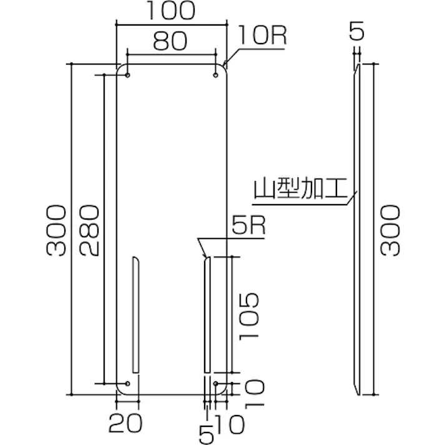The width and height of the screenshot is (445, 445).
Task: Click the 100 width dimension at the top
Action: (x=171, y=11)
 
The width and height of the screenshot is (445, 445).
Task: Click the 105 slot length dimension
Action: (x=247, y=315)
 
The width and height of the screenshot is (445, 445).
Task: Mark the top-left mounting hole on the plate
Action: (x=128, y=76)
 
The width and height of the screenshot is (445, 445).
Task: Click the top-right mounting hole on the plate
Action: (x=216, y=76)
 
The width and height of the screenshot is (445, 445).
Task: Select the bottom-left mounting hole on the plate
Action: (x=128, y=383)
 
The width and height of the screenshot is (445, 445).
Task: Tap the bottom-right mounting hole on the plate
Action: (x=216, y=383)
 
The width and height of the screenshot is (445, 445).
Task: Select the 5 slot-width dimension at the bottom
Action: (x=206, y=429)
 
